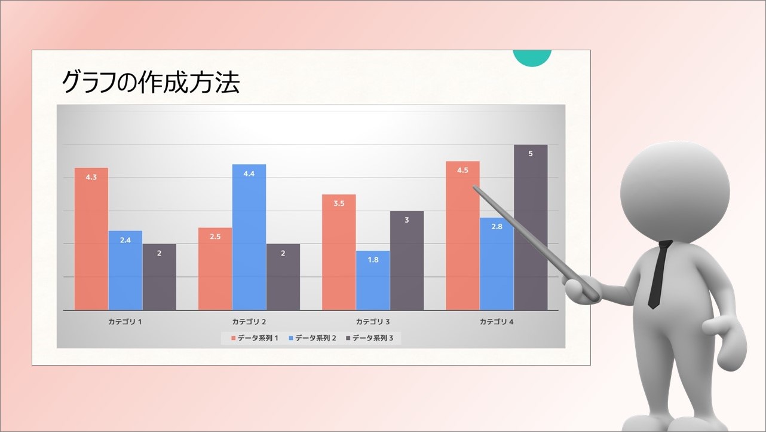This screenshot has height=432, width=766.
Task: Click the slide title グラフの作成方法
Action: pos(151,83)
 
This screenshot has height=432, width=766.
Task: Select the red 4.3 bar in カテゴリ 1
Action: pos(91,239)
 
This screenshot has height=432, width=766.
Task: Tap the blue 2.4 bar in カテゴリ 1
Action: pos(125,270)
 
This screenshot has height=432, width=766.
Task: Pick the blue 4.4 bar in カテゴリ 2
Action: pos(249,237)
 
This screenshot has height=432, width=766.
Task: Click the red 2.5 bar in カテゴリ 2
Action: pos(215,269)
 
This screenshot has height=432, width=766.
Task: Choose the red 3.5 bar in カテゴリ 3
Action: pos(339,252)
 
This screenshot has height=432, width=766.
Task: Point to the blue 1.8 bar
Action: pos(373,281)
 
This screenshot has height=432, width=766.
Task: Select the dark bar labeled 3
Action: pos(407,260)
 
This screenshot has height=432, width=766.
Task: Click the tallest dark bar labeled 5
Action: pos(531,227)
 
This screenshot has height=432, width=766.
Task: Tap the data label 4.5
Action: pos(462,170)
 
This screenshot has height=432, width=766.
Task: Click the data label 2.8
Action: pos(497,227)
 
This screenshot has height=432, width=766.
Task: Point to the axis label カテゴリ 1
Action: pos(125,322)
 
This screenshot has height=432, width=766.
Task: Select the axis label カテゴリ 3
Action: pos(373,322)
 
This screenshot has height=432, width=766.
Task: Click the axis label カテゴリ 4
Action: pos(497,322)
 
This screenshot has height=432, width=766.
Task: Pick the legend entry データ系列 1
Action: pos(255,338)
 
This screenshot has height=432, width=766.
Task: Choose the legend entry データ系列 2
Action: pos(312,338)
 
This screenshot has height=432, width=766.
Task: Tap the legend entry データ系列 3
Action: pos(370,338)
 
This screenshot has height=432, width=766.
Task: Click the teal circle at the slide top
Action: pos(532,57)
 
